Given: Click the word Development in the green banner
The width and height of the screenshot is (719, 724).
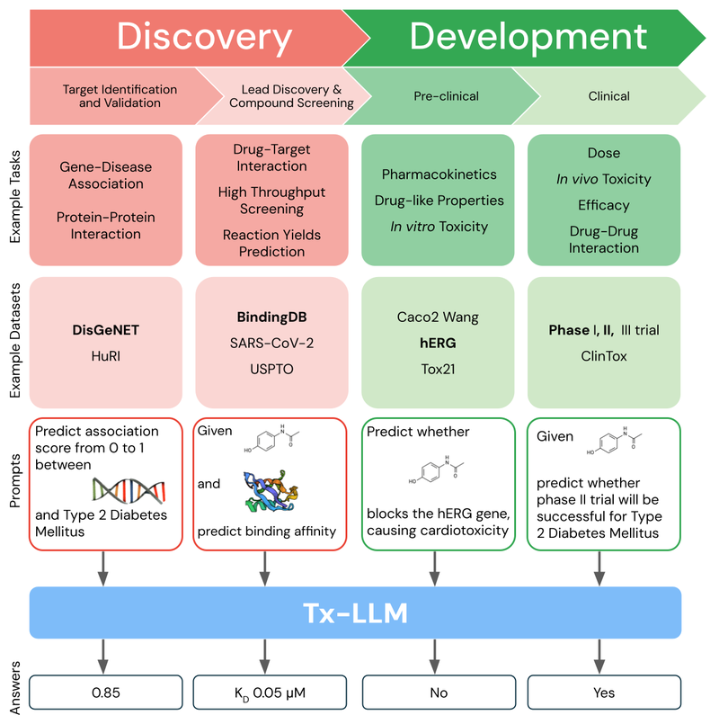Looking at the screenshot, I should tap(528, 36).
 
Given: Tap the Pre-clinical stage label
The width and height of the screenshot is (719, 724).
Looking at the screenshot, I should tap(446, 96).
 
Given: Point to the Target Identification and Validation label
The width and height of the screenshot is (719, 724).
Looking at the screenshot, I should tap(120, 96).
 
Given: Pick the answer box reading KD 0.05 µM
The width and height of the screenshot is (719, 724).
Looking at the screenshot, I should tap(264, 693).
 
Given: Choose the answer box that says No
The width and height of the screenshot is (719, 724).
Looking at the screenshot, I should tap(438, 693).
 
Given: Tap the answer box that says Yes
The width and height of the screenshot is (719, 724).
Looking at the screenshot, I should tap(603, 693).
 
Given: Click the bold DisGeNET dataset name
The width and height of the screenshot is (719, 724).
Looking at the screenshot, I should tap(106, 330).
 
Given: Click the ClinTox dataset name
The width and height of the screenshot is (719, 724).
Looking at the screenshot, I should tap(604, 355).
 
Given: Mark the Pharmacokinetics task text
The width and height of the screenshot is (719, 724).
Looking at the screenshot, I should tap(439, 174).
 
